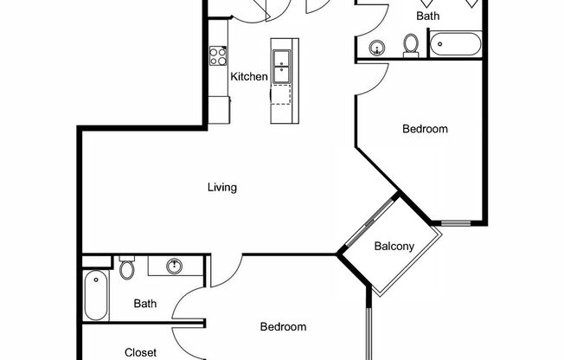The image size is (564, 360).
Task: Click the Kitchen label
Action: pos(249,76)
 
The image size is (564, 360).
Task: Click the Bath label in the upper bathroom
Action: pos(427,16)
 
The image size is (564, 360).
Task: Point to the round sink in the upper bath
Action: pos(377,48)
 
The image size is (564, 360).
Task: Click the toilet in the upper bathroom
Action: pos(412,44)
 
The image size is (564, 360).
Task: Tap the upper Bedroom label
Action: pos(426,129)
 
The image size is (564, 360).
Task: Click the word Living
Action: pos(222,187)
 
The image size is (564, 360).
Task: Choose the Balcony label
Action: pos(394,246)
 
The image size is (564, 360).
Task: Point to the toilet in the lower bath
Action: pos(127,269)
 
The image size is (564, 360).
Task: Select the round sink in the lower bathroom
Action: pos(174,266)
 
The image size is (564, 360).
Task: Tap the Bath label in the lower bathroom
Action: pos(145,304)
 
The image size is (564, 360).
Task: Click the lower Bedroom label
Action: pos(284,327)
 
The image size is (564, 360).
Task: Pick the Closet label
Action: pos(140,352)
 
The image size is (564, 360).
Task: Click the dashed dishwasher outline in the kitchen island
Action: pos(282,95)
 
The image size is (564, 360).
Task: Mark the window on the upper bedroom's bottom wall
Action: pos(456,223)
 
